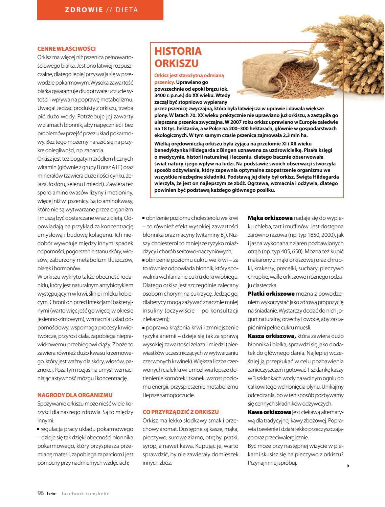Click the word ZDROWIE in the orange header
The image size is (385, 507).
[84, 10]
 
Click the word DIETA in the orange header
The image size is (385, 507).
[127, 10]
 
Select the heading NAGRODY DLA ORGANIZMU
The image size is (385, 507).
[75, 395]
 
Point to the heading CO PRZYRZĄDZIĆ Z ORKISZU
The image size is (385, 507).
[181, 412]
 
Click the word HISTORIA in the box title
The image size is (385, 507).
[178, 51]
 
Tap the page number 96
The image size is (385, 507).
[41, 493]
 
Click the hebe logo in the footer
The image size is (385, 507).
[52, 493]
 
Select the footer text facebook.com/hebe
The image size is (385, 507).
[86, 493]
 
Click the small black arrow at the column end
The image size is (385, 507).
[348, 466]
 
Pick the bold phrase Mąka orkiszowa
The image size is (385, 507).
[270, 218]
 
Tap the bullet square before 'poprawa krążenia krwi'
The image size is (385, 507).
[144, 328]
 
